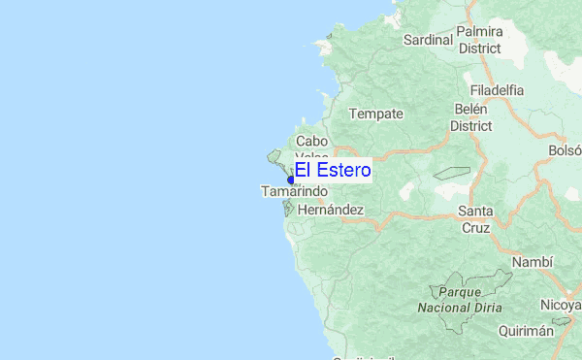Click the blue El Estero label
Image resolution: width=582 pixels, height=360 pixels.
click(333, 171)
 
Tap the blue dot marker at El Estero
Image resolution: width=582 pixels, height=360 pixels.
click(291, 180)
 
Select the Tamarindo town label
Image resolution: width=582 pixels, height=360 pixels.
click(294, 192)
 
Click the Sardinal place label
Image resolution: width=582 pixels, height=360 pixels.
click(429, 40)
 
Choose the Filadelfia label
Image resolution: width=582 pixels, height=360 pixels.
click(495, 90)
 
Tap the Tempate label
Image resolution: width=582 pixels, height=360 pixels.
click(375, 114)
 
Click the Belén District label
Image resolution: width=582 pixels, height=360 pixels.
click(471, 116)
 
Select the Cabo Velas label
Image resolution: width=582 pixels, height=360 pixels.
click(311, 147)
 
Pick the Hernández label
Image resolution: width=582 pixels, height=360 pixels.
click(331, 210)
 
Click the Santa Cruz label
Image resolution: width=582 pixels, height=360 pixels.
click(475, 219)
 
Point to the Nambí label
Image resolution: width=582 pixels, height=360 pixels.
click(533, 262)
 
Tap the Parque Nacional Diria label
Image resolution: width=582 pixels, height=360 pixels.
click(460, 299)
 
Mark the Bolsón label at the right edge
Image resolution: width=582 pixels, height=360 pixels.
click(565, 150)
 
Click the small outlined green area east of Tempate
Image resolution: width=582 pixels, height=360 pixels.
click(451, 174)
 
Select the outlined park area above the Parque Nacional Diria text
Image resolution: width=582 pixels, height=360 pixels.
click(470, 279)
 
